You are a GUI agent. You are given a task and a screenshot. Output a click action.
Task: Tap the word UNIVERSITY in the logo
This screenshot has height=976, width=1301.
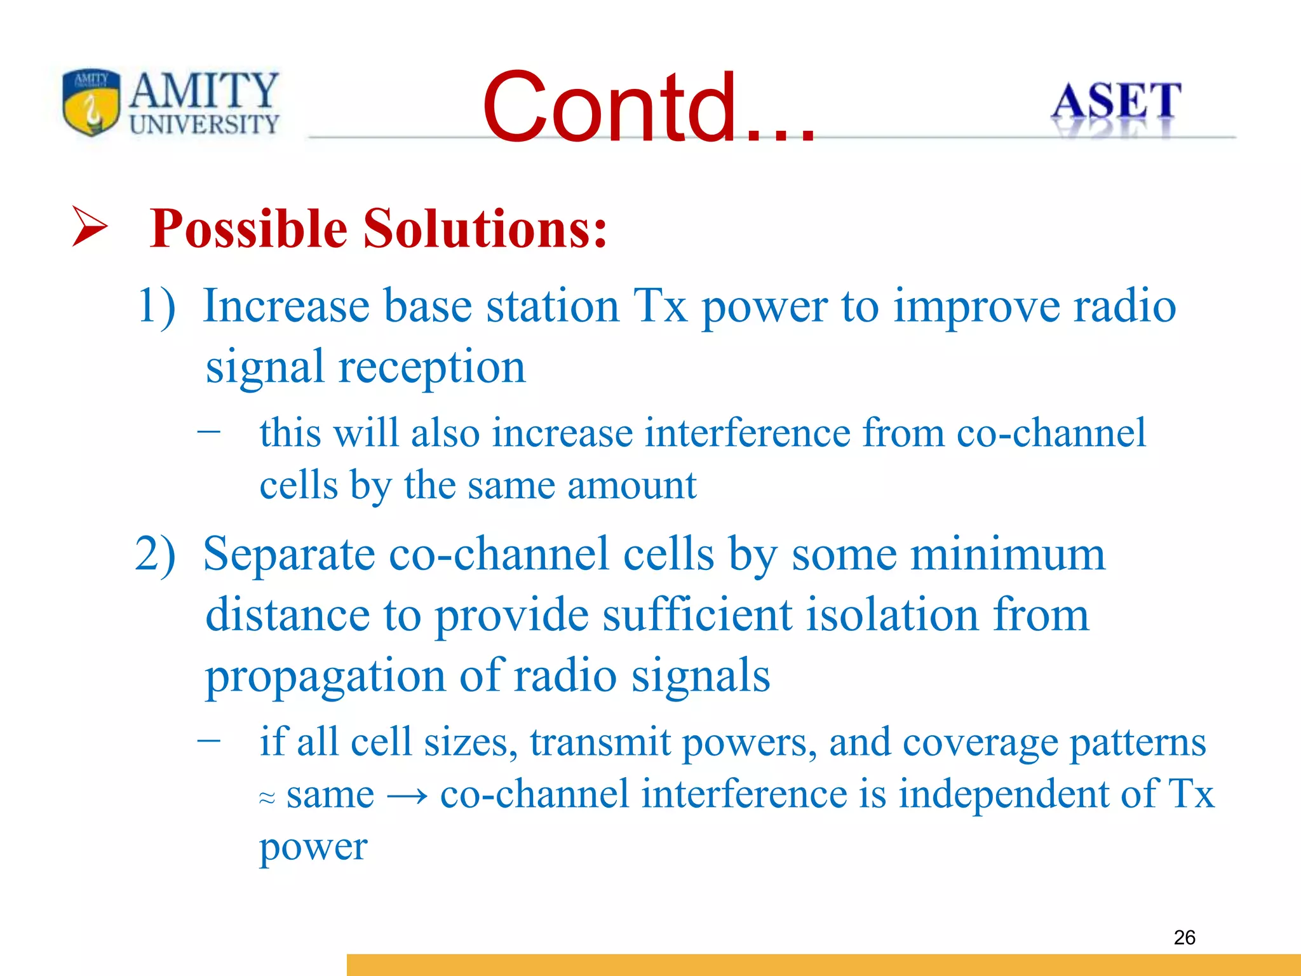[x=204, y=125]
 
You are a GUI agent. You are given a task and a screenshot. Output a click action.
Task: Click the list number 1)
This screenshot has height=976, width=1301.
[x=156, y=306]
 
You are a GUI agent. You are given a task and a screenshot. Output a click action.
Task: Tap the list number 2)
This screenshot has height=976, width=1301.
[x=156, y=554]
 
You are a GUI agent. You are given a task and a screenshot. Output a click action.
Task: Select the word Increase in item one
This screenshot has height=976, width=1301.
[x=285, y=306]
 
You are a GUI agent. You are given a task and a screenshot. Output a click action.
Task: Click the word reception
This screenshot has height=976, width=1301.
[x=432, y=368]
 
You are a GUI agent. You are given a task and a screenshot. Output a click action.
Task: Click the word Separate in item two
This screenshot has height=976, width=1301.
[x=289, y=554]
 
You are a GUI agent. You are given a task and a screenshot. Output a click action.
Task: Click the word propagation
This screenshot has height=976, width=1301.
[x=325, y=676]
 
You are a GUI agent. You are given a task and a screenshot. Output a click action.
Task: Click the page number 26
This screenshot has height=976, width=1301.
[x=1184, y=937]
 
